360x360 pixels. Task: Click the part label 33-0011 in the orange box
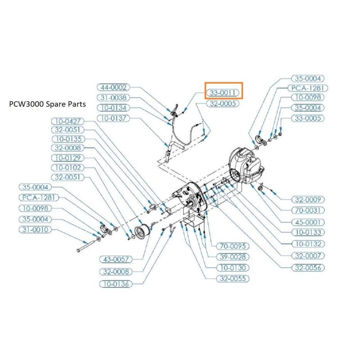click(224, 93)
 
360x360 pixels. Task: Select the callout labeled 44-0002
click(113, 87)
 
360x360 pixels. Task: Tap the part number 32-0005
click(223, 103)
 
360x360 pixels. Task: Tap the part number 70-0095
click(233, 246)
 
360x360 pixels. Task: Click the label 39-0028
click(233, 257)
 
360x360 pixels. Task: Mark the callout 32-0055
click(233, 279)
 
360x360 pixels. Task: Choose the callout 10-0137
click(113, 118)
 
